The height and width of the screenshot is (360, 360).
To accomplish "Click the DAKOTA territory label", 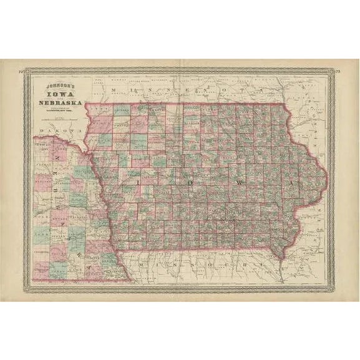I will click(54, 130).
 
